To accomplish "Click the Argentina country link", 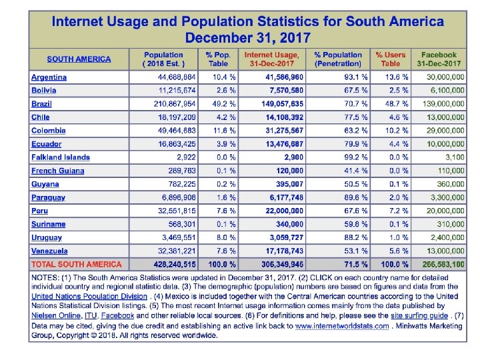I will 49,77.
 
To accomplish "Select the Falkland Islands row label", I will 60,157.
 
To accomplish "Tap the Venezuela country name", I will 49,251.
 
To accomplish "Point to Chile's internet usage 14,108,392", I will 277,117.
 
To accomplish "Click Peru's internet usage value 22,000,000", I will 277,211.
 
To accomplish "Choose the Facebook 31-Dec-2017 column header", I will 439,59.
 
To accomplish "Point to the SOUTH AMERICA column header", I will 79,59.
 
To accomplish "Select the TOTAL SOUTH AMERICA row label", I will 77,264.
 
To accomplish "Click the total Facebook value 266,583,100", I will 440,264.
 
